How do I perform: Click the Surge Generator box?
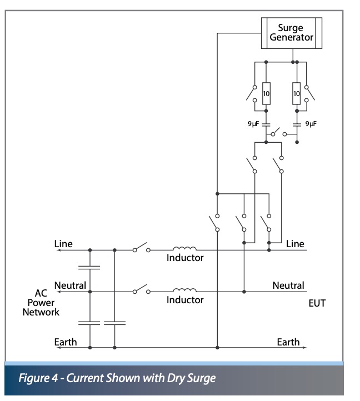[x=292, y=33]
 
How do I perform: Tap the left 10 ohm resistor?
[x=266, y=94]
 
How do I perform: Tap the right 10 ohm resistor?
[x=297, y=94]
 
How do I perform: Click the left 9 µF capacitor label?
[x=253, y=124]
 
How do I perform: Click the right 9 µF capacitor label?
[x=311, y=124]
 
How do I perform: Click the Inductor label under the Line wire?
[x=185, y=258]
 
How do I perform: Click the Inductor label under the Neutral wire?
[x=185, y=300]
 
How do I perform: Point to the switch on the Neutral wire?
[x=142, y=289]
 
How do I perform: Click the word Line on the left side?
[x=63, y=244]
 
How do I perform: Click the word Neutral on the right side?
[x=288, y=285]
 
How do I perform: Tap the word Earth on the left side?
[x=65, y=342]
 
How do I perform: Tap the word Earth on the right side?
[x=288, y=342]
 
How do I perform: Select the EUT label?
[x=317, y=304]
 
